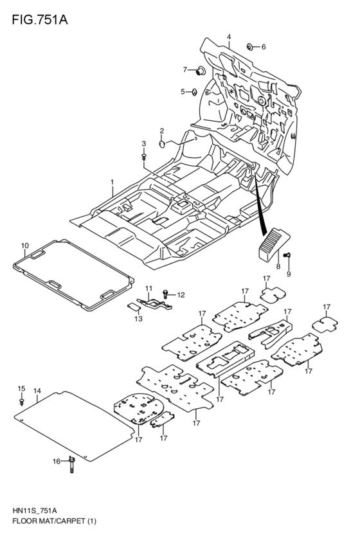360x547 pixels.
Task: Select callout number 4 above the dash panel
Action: [x=228, y=38]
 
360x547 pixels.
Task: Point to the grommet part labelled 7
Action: [x=199, y=69]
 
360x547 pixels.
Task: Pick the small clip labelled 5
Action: [x=191, y=92]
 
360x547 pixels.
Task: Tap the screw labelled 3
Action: [x=144, y=155]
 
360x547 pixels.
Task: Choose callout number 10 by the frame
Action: [x=24, y=246]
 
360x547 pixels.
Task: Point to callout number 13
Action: [x=138, y=319]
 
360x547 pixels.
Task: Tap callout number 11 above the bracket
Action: [x=148, y=287]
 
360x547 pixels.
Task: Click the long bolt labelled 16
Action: [x=72, y=462]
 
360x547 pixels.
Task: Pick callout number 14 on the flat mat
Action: [x=37, y=391]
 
